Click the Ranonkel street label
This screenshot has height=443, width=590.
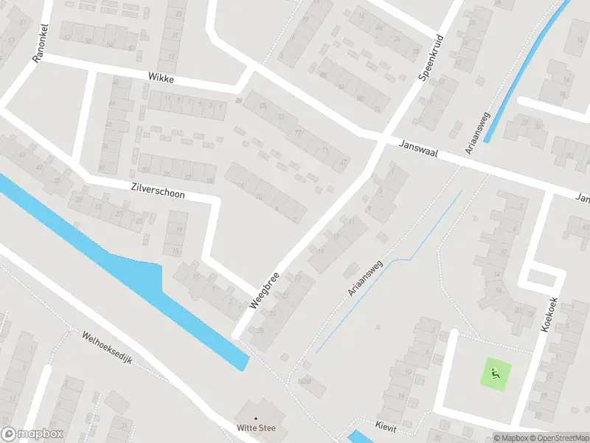point(39,45)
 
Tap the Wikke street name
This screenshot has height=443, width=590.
point(160,77)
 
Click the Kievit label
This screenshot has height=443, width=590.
point(386,427)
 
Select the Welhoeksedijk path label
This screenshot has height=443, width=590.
point(107,348)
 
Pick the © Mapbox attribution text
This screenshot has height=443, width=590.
point(511,438)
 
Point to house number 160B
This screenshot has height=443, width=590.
point(305,381)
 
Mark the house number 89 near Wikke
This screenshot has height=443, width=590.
point(238,101)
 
